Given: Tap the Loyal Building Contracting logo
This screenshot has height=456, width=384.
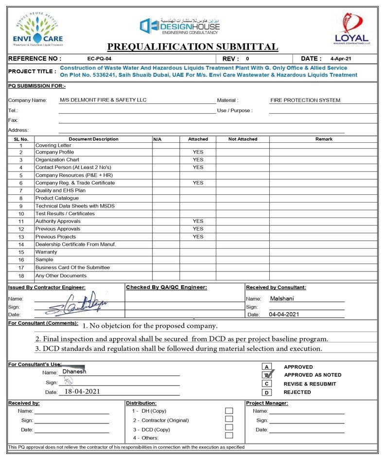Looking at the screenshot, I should (x=352, y=29).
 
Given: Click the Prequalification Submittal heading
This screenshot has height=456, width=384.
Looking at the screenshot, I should (x=192, y=47).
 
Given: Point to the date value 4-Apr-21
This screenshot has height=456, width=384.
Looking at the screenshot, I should (x=340, y=58).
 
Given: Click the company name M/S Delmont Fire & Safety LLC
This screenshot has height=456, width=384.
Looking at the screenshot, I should (x=103, y=100).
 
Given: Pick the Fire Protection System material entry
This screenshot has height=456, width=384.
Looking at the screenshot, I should (x=306, y=100).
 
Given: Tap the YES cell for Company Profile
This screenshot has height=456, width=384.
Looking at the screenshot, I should (x=198, y=152).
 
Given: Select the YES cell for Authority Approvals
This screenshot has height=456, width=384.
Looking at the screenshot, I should (x=198, y=221).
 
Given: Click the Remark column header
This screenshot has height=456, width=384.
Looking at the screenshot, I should (x=324, y=139).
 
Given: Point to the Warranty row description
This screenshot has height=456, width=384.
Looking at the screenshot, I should (x=46, y=252).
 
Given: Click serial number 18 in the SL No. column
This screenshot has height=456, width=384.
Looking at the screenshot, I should (x=21, y=276).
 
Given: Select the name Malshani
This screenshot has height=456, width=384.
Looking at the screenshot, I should (x=282, y=299).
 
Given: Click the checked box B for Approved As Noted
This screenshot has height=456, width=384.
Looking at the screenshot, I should (x=267, y=374).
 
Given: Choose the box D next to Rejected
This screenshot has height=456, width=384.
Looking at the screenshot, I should (x=266, y=392).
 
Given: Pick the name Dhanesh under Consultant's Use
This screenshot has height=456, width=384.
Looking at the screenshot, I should (x=74, y=372).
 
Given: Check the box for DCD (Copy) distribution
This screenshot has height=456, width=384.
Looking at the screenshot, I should (x=229, y=427).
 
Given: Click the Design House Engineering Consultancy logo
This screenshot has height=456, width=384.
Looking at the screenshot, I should (x=180, y=26).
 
